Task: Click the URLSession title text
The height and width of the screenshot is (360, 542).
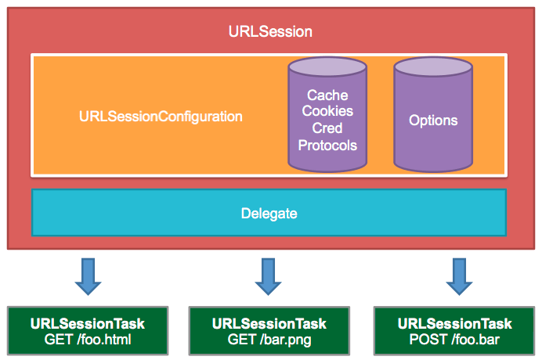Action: click(270, 31)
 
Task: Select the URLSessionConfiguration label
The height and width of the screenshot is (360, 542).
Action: click(161, 117)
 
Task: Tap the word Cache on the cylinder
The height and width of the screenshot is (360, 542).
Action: click(327, 95)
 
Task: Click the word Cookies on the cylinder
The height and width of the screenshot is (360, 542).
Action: click(327, 111)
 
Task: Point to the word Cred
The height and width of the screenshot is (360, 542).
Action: click(327, 128)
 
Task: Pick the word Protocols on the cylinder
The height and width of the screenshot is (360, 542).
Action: click(327, 145)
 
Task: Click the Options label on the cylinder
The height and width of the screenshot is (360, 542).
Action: click(433, 121)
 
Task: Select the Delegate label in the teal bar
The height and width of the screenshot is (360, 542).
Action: click(269, 214)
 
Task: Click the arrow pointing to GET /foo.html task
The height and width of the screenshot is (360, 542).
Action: click(89, 276)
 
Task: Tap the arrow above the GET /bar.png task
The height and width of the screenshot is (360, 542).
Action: click(268, 276)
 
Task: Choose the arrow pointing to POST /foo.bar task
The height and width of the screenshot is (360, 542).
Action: click(460, 276)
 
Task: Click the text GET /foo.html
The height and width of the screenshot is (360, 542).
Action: click(88, 340)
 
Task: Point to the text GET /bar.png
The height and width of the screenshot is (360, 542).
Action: click(269, 340)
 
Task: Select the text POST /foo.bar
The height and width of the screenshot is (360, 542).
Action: click(454, 340)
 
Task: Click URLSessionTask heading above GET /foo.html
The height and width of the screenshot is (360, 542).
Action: click(88, 324)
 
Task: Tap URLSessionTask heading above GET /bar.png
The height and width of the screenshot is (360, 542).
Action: click(269, 324)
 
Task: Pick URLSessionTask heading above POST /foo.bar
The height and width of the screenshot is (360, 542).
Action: click(454, 324)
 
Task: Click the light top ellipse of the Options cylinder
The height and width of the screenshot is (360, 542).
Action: click(433, 67)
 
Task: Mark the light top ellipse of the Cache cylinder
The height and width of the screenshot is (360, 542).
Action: click(327, 67)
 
